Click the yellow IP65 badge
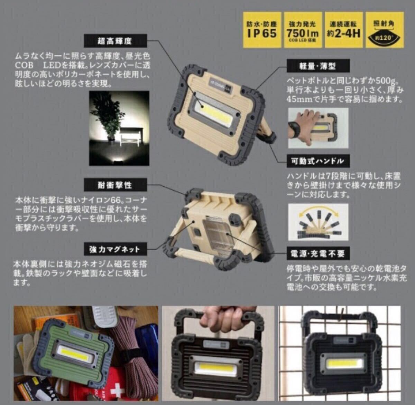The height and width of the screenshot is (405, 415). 262,29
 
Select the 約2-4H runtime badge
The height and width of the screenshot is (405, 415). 343,29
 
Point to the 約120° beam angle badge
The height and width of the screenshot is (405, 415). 384,29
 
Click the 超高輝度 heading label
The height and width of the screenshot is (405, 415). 114,41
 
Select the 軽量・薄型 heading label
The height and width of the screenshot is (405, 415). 317,66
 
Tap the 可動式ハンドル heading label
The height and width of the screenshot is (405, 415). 317,161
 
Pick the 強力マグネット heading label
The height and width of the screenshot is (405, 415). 114,249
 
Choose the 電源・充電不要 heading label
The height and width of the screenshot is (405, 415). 317,254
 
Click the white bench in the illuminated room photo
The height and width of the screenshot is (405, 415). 130,136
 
